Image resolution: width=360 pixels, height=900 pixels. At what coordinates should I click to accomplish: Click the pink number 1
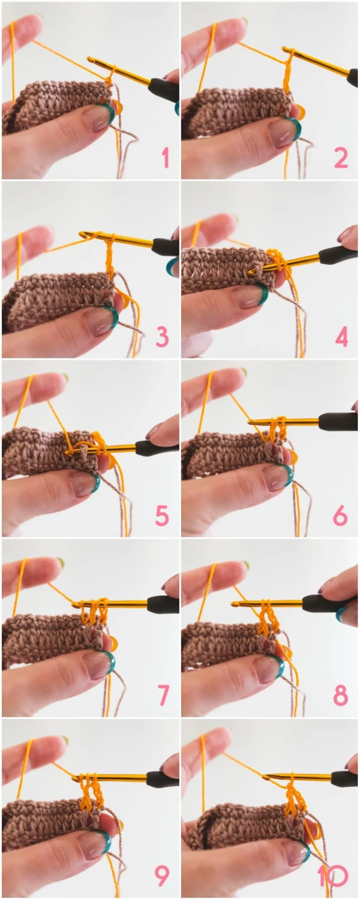tap(165, 158)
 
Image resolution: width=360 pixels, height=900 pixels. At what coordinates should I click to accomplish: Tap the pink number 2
tap(341, 158)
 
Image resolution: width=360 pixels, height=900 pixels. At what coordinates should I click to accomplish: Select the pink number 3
tap(162, 337)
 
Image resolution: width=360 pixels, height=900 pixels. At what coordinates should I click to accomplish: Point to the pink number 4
tap(342, 337)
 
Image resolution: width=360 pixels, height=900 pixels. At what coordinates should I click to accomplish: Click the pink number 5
tap(162, 516)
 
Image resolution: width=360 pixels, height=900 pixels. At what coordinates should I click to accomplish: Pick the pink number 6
tap(341, 516)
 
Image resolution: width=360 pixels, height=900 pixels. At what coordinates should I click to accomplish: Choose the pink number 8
tap(341, 695)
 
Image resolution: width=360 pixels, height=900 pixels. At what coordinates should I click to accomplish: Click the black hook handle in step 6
tap(338, 420)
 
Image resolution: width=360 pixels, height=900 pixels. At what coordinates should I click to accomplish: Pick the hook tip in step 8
tap(234, 604)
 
